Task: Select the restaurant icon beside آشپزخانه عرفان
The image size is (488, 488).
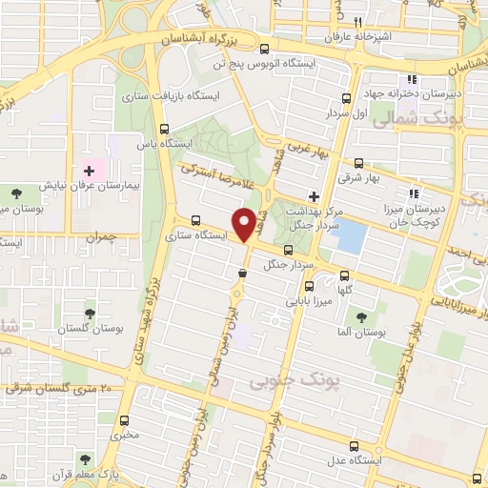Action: (x=357, y=22)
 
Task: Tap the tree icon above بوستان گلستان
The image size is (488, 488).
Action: (x=91, y=312)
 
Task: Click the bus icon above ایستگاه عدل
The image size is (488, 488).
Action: (x=355, y=445)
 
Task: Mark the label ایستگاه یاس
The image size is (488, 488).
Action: (x=172, y=143)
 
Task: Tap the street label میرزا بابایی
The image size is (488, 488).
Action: (x=305, y=298)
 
